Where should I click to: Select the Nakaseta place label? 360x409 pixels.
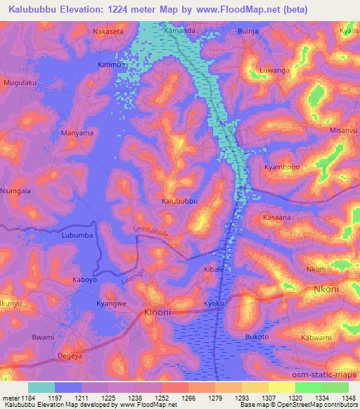[108, 32]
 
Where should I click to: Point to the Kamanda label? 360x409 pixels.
[179, 32]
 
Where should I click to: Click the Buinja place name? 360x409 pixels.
[250, 32]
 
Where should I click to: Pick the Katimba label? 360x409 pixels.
[111, 65]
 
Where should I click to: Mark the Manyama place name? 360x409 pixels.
[77, 132]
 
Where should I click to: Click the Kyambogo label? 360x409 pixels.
[281, 167]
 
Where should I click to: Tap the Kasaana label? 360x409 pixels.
[276, 218]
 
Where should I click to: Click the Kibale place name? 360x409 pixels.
[213, 269]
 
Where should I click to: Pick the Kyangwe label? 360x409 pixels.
[111, 304]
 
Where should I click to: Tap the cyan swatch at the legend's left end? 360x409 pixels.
[41, 387]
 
